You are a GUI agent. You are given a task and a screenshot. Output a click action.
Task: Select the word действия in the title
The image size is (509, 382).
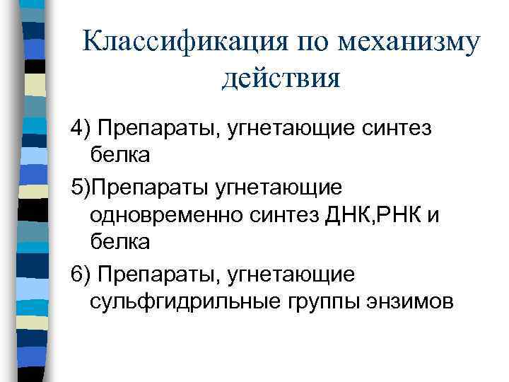pyautogui.click(x=281, y=76)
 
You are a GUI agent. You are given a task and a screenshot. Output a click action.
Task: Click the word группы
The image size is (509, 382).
pyautogui.click(x=310, y=301)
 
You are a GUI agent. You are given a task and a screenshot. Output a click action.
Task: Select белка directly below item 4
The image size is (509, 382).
pyautogui.click(x=120, y=154)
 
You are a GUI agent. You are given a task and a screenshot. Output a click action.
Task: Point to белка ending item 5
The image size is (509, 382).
pyautogui.click(x=120, y=241)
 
